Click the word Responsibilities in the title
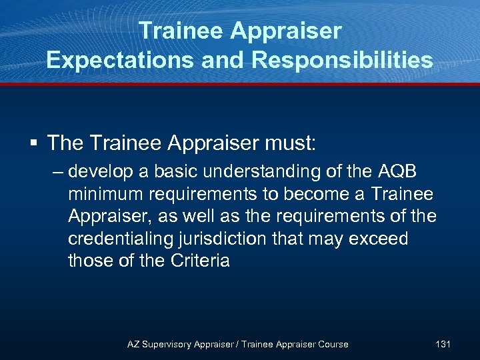pyautogui.click(x=342, y=60)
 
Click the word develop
pyautogui.click(x=101, y=171)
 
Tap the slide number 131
pyautogui.click(x=443, y=344)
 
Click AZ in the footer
pyautogui.click(x=134, y=344)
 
